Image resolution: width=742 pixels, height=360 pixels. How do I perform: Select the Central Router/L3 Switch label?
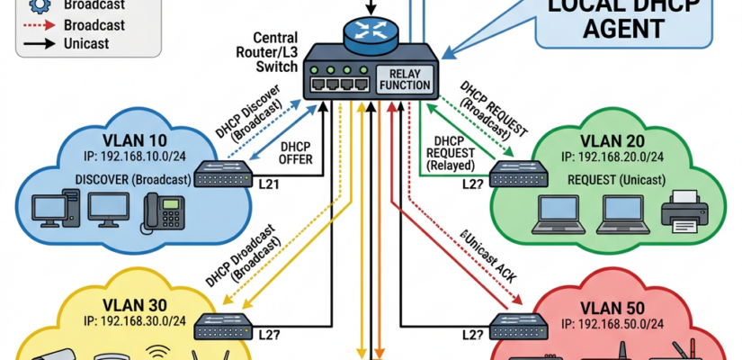(264, 53)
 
